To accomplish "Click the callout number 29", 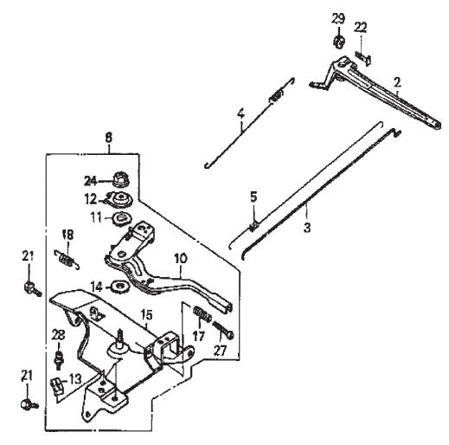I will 338,19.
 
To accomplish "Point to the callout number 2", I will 397,82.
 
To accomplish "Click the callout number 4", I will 241,113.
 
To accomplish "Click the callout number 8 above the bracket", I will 109,136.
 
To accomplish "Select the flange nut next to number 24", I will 121,181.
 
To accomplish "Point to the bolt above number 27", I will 228,330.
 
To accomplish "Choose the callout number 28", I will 58,335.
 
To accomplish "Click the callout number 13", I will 76,377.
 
